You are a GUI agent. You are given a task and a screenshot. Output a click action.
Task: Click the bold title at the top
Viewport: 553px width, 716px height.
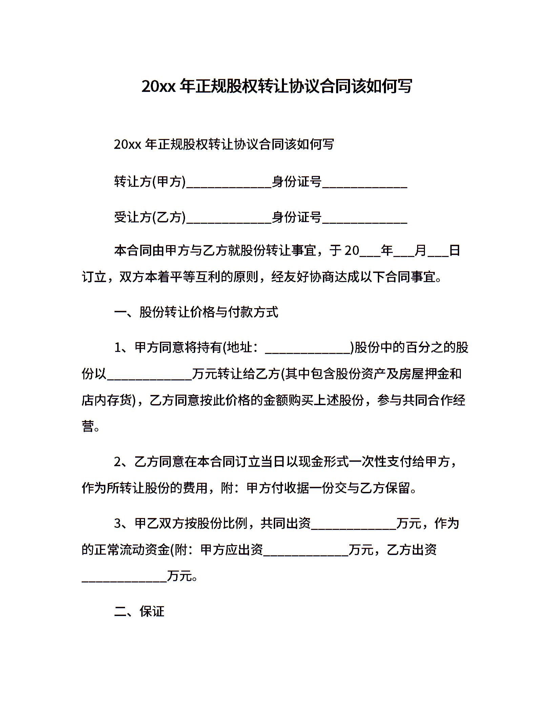[276, 87]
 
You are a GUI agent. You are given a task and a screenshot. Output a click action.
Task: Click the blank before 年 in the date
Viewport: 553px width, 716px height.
[370, 253]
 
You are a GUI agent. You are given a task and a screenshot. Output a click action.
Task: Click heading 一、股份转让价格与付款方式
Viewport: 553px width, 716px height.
[196, 312]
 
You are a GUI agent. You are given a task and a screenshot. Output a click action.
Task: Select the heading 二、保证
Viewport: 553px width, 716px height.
[139, 611]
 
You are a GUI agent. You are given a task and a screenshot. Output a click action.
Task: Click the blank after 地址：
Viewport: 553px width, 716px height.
[308, 349]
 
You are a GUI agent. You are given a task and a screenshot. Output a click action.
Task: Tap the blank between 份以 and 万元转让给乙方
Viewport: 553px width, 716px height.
[149, 376]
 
